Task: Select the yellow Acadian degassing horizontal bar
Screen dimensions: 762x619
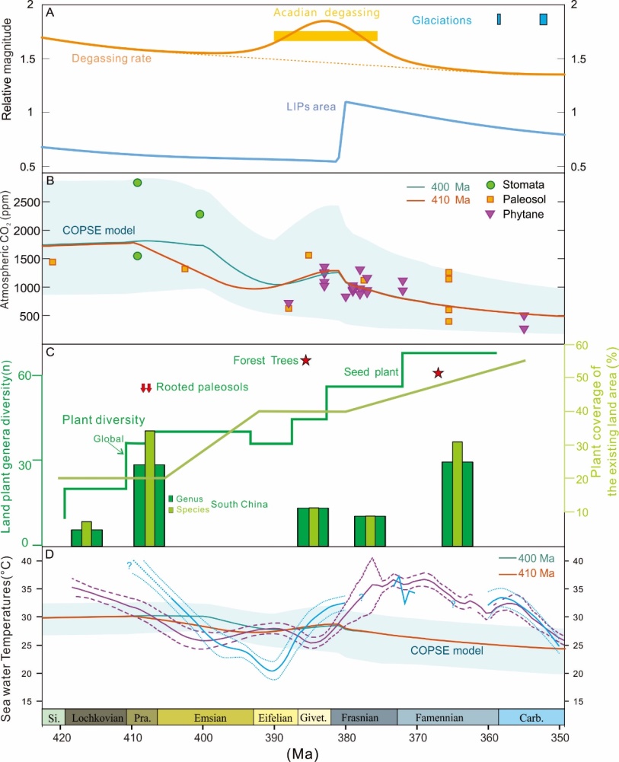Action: tap(325, 36)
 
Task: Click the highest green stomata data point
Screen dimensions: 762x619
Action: tap(138, 182)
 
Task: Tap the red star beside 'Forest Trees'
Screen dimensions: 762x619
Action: tap(305, 360)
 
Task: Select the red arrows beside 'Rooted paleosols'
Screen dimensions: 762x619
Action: tap(146, 388)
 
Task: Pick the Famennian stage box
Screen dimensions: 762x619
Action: tap(448, 717)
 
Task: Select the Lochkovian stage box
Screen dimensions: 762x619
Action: tap(96, 717)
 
